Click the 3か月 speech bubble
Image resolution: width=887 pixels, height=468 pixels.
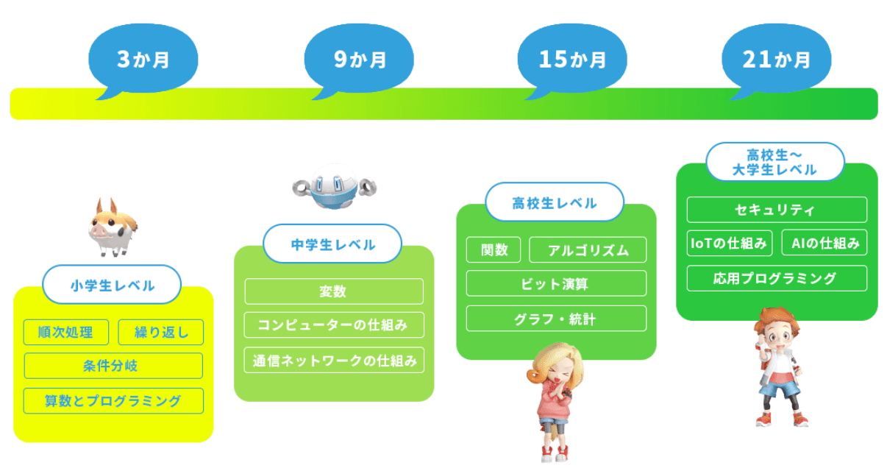tap(143, 60)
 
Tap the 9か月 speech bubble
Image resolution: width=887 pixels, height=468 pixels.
tap(359, 60)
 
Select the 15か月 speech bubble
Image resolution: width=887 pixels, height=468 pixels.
tap(572, 60)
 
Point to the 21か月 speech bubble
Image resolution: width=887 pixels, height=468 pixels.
tap(776, 60)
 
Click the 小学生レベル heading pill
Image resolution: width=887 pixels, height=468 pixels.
tap(112, 285)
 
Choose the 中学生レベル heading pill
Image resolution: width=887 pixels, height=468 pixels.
tap(332, 244)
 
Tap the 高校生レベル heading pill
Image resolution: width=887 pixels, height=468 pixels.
tap(555, 202)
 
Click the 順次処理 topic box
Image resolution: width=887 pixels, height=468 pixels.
tap(66, 332)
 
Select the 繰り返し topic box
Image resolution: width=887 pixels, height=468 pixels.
tap(161, 332)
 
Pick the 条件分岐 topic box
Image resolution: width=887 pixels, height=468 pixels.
tap(114, 366)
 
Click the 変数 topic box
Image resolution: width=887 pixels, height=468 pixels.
tap(334, 291)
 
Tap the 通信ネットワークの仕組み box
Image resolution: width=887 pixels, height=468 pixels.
tap(334, 361)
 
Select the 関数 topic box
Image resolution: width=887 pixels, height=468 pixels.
tap(494, 249)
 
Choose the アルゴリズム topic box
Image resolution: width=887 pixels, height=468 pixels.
tap(588, 249)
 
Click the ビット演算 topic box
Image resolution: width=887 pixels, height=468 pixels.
tap(556, 283)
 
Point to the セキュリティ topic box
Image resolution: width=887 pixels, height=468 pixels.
tap(777, 210)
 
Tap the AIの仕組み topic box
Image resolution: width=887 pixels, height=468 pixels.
tap(824, 243)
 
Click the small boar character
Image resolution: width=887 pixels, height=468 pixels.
tap(113, 227)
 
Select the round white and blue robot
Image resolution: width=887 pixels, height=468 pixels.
tap(335, 186)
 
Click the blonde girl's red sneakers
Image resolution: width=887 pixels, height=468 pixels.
tap(555, 454)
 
